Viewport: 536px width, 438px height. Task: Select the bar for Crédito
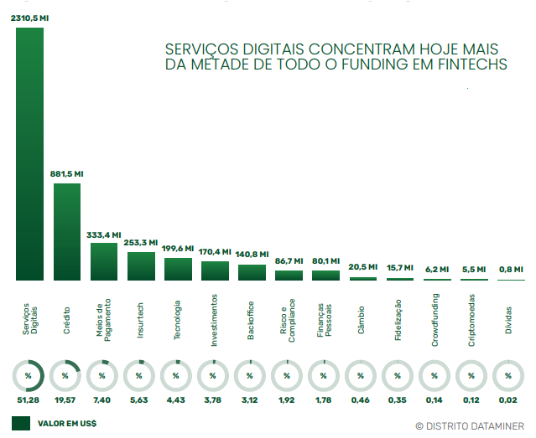click(x=66, y=231)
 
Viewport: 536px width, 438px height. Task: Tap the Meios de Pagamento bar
click(x=103, y=260)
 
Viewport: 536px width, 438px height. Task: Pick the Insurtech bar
click(x=140, y=265)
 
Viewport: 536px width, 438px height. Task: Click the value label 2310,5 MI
click(x=29, y=18)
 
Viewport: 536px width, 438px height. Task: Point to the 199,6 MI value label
click(x=177, y=249)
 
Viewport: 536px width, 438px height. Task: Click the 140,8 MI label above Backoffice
click(x=252, y=255)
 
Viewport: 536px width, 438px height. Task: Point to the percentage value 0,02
click(x=508, y=400)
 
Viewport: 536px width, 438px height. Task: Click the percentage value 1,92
click(x=287, y=400)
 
